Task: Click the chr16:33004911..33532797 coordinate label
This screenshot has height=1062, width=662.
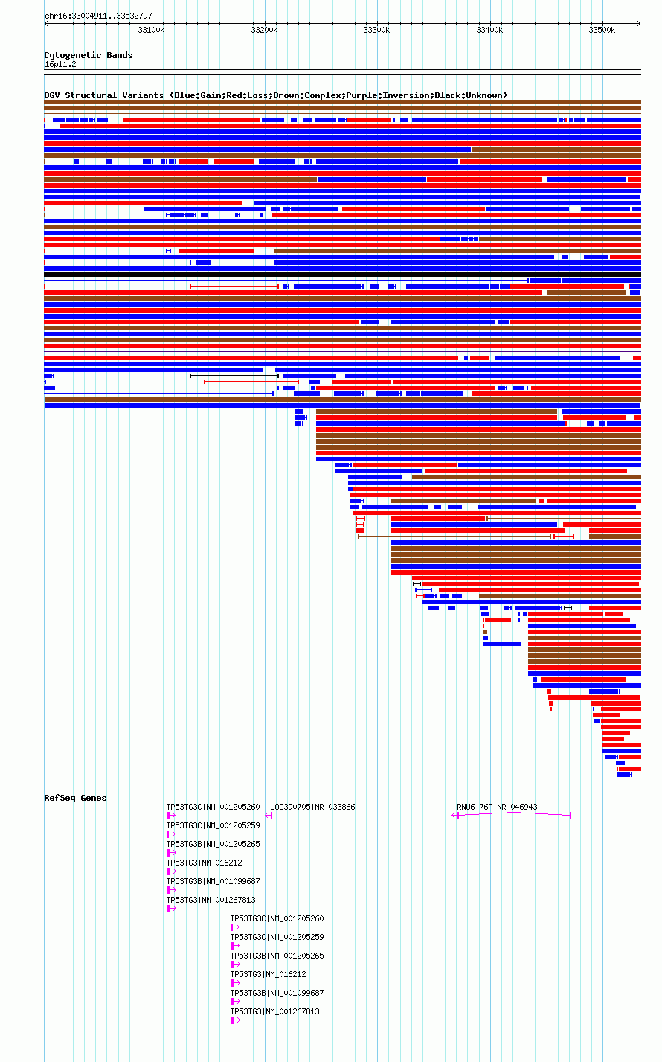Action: pos(98,16)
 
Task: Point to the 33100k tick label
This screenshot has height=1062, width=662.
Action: pos(151,30)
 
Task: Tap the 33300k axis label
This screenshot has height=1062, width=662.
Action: pos(376,30)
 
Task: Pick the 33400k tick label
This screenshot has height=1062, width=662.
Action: pos(489,30)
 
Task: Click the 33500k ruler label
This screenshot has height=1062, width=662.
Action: pos(602,30)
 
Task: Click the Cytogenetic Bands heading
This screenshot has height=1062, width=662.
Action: pos(88,55)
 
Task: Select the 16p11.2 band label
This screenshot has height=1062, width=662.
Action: pos(60,65)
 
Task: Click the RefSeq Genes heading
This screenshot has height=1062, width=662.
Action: pos(75,798)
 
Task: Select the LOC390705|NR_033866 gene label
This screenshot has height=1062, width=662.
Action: pos(312,807)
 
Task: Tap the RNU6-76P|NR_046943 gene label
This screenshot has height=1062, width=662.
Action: pos(497,807)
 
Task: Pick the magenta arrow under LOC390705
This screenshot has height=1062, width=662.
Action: pos(269,816)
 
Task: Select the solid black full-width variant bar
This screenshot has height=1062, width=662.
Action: pos(343,275)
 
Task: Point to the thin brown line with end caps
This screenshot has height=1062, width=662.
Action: pos(454,537)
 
